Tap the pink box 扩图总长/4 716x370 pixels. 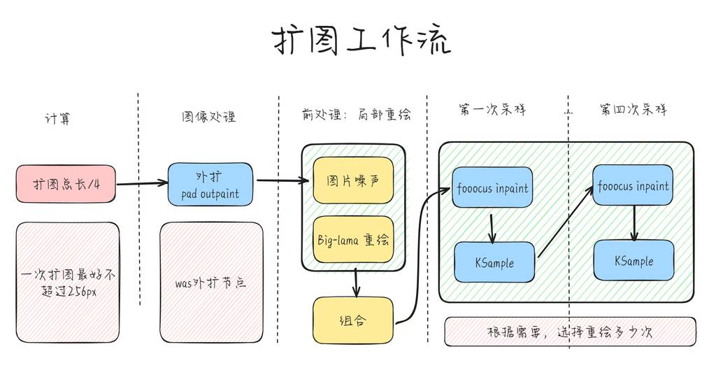(66, 185)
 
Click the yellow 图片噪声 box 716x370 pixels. (353, 180)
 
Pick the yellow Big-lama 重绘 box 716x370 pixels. (353, 240)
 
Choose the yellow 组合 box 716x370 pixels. (353, 320)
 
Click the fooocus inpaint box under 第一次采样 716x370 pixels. (492, 187)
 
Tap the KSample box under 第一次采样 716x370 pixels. (494, 262)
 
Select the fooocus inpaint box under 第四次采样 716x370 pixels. (633, 185)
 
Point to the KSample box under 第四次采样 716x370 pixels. (633, 260)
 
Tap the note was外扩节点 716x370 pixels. (210, 283)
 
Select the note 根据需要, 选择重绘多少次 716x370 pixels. (570, 332)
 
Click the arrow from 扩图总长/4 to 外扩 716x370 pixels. (142, 185)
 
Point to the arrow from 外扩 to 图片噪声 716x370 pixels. (282, 181)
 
